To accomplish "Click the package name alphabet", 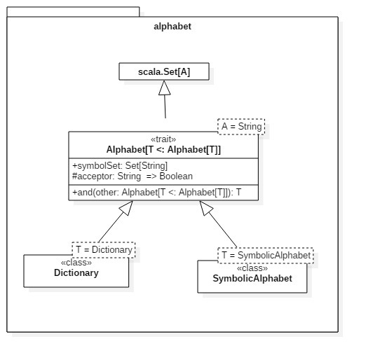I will point(172,27).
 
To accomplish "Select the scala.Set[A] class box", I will point(164,71).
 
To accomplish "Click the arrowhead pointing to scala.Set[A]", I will point(164,87).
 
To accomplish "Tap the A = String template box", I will point(240,127).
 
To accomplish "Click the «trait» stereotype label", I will point(163,139).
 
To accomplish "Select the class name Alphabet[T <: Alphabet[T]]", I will point(163,150).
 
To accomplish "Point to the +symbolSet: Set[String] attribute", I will point(119,165).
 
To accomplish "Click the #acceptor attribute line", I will point(132,176).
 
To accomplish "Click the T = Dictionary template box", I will point(103,249).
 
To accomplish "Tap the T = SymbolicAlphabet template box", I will point(265,256).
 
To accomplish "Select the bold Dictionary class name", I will point(76,273).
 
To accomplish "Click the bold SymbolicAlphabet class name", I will point(252,278).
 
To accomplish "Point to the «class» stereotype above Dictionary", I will point(76,263).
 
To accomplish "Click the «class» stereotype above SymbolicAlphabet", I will point(252,268).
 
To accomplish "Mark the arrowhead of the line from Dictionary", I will point(124,208).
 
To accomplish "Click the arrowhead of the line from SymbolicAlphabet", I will point(205,208).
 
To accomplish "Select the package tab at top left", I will point(73,11).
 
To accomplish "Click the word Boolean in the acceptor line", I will point(176,176).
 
